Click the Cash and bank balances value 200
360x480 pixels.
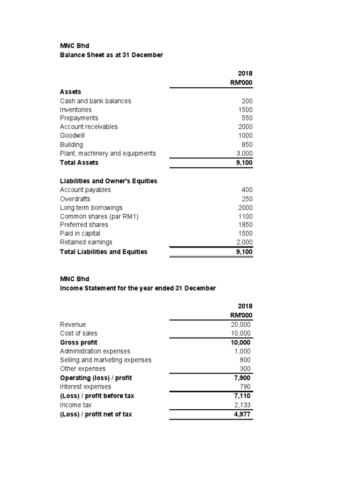point(247,101)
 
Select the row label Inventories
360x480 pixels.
point(76,109)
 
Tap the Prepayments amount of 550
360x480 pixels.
point(247,118)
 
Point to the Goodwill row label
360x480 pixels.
point(72,135)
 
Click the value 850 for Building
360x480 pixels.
point(247,144)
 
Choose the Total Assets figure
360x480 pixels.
point(244,163)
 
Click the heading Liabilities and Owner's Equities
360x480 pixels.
point(108,181)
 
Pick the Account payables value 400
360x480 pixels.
point(247,190)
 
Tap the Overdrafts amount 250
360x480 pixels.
point(247,199)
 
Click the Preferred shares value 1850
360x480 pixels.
point(245,225)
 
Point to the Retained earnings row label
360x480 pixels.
point(86,242)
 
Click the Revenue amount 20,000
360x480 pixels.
point(241,324)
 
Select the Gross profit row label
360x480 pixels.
point(79,342)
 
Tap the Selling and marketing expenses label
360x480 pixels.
point(105,360)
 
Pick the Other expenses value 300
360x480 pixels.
point(247,369)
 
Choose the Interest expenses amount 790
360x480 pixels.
point(247,387)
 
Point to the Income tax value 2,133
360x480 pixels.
point(244,405)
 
